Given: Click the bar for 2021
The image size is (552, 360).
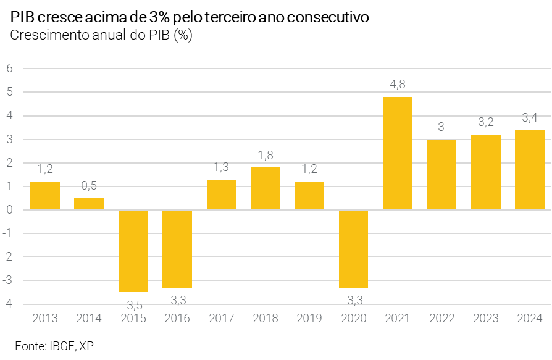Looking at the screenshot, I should (398, 153).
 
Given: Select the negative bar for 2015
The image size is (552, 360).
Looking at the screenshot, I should (133, 251).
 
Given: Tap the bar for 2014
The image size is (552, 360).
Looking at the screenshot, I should (89, 204).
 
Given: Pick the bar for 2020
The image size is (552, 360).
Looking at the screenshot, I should (353, 249).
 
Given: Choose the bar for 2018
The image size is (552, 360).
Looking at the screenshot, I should (266, 188).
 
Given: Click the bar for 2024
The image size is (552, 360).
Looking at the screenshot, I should (530, 170).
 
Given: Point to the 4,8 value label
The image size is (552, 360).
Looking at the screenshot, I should (398, 85).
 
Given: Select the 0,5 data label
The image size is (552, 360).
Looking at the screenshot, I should (89, 185).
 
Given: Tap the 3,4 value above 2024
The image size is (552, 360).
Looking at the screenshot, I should (530, 117).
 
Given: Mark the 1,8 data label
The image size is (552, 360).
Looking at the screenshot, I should (266, 155).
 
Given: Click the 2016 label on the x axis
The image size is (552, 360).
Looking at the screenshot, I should (177, 319).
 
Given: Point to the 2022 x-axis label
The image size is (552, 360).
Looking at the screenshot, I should (441, 319).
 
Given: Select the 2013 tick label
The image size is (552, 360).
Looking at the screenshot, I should (45, 319).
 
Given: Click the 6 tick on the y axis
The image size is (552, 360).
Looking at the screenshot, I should (9, 69).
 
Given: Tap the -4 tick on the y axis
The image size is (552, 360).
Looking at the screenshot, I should (7, 304).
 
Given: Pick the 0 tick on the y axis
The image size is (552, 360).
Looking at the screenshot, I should (9, 210).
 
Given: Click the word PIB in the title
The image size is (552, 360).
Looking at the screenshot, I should (22, 18).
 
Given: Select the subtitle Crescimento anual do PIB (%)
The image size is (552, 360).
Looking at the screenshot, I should (101, 35).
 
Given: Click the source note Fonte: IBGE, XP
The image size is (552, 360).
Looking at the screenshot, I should (54, 345).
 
